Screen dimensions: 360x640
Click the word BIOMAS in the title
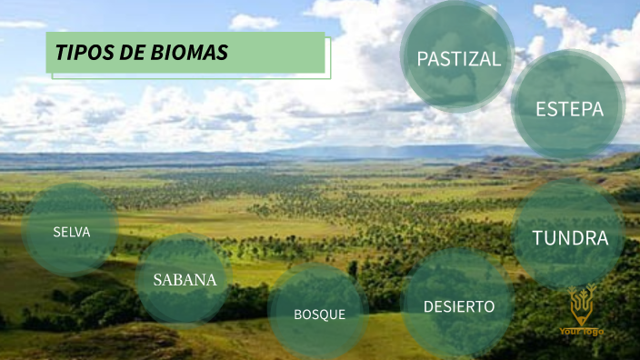click(188, 54)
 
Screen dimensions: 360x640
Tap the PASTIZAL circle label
click(458, 59)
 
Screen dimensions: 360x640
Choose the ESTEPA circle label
click(569, 109)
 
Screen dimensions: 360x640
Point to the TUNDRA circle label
click(570, 238)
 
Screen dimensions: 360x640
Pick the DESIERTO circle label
click(459, 306)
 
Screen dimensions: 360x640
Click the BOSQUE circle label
click(319, 315)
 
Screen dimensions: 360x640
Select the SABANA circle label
click(185, 279)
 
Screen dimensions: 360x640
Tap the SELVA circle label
click(72, 232)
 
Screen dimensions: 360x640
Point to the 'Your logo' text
click(582, 331)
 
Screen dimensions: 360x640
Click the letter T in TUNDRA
click(538, 238)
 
